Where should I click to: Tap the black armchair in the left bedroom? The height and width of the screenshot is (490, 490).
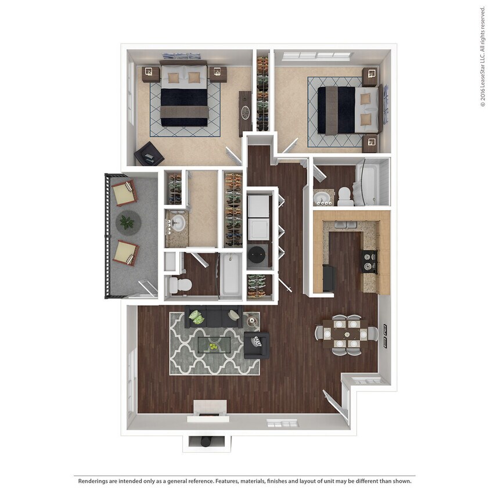[x=149, y=154]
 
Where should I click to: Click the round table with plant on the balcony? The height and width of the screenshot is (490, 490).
[x=128, y=222]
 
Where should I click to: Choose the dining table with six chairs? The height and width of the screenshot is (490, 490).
[x=346, y=335]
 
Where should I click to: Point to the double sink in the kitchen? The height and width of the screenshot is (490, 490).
[x=346, y=225]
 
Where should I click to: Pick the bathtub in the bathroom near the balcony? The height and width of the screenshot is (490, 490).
[x=230, y=275]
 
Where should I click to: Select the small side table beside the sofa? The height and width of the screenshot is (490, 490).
[x=253, y=319]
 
